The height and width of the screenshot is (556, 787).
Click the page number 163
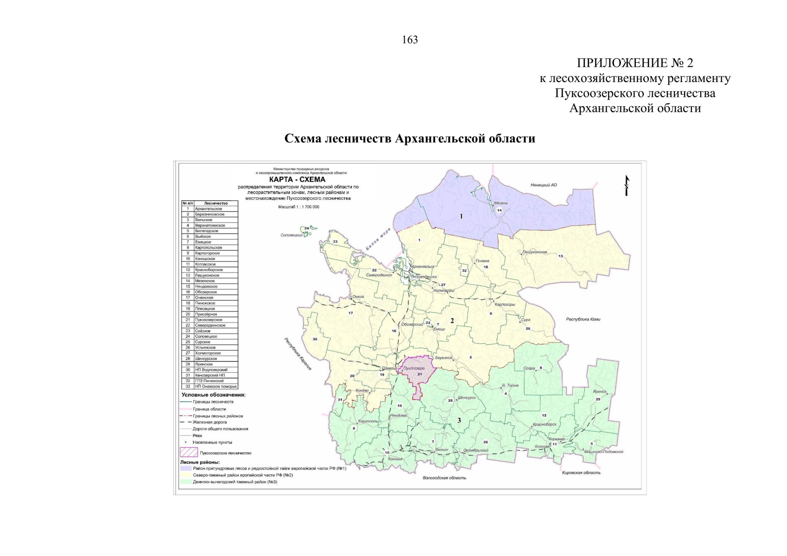coord(409,40)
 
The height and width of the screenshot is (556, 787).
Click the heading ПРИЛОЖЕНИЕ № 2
coord(634,63)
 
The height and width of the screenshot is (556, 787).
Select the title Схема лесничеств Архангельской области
coord(409,139)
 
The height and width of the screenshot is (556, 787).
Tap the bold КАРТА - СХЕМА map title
coord(297,179)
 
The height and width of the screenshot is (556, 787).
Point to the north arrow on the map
coord(627,185)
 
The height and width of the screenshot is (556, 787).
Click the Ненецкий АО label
coord(544,185)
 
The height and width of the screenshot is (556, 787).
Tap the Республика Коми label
coord(583,319)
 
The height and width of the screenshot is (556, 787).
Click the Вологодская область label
coord(444,478)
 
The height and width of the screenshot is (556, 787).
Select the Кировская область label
coord(581,473)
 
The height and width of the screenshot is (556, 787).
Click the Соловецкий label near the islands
coord(292,235)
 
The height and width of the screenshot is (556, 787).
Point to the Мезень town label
coord(500,203)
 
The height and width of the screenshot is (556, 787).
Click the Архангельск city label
coord(422,266)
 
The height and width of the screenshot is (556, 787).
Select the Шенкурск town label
coord(467,398)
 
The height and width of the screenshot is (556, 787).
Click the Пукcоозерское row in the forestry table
coord(209,320)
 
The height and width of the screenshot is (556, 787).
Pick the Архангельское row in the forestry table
coord(209,209)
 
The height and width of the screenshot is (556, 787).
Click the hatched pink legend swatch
coord(189,453)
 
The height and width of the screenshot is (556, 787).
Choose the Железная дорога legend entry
coord(210,422)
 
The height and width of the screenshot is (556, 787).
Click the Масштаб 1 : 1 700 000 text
coord(298,207)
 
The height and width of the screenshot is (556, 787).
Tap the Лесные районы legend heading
coord(200,462)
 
